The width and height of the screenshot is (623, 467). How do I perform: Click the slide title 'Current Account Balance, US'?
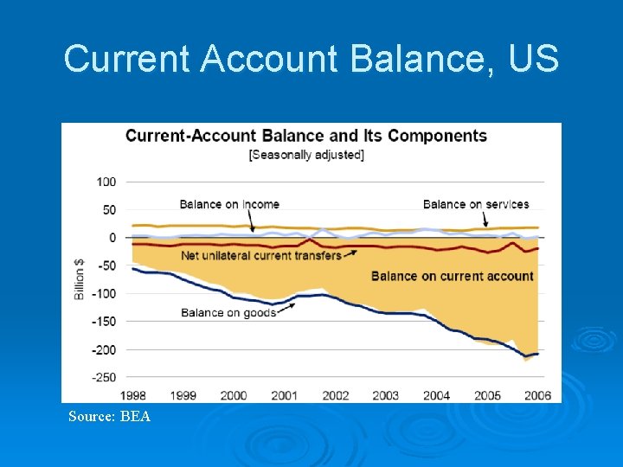(311, 60)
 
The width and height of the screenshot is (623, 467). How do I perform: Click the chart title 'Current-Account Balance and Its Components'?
(306, 136)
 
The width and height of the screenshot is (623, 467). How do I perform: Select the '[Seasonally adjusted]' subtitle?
(306, 155)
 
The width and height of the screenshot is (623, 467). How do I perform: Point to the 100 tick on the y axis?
(106, 182)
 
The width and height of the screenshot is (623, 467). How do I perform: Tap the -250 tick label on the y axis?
(104, 377)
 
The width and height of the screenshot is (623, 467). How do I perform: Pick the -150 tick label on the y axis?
(104, 322)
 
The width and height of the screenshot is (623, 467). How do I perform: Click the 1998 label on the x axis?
(132, 395)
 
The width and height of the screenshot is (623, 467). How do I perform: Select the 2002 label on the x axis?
(335, 395)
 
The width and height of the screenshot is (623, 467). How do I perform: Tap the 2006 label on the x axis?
(537, 395)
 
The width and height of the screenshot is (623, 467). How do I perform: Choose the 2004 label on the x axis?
(436, 395)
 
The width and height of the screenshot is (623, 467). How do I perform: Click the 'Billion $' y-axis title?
(80, 279)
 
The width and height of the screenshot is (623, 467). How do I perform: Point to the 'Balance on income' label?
(229, 205)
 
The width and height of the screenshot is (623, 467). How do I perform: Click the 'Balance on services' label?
(476, 205)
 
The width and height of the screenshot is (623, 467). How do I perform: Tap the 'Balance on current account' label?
(453, 276)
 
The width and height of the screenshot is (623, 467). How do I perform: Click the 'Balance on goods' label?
(228, 313)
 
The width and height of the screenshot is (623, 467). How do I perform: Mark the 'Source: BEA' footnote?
(110, 417)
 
